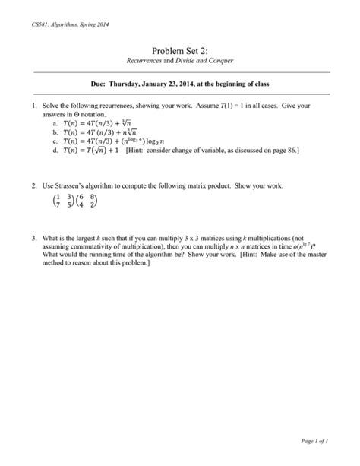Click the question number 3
coord(34,238)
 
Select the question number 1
coord(34,103)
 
